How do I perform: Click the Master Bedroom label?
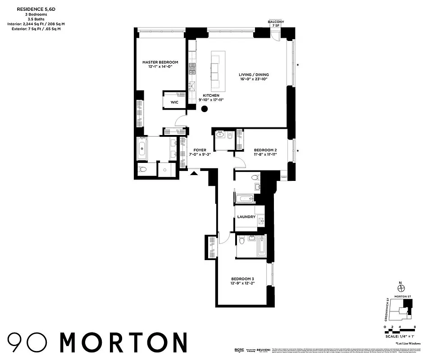(x=160, y=62)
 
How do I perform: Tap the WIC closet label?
(x=174, y=102)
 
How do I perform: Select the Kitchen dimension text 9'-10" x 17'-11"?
(x=211, y=100)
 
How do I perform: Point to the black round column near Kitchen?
(x=205, y=108)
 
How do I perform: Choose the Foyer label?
(x=200, y=150)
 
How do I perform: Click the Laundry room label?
(x=246, y=216)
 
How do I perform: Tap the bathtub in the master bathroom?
(x=142, y=149)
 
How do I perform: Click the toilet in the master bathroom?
(x=143, y=170)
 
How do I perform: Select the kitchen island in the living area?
(x=216, y=71)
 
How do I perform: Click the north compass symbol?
(x=400, y=288)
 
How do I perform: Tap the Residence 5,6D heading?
(x=34, y=8)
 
